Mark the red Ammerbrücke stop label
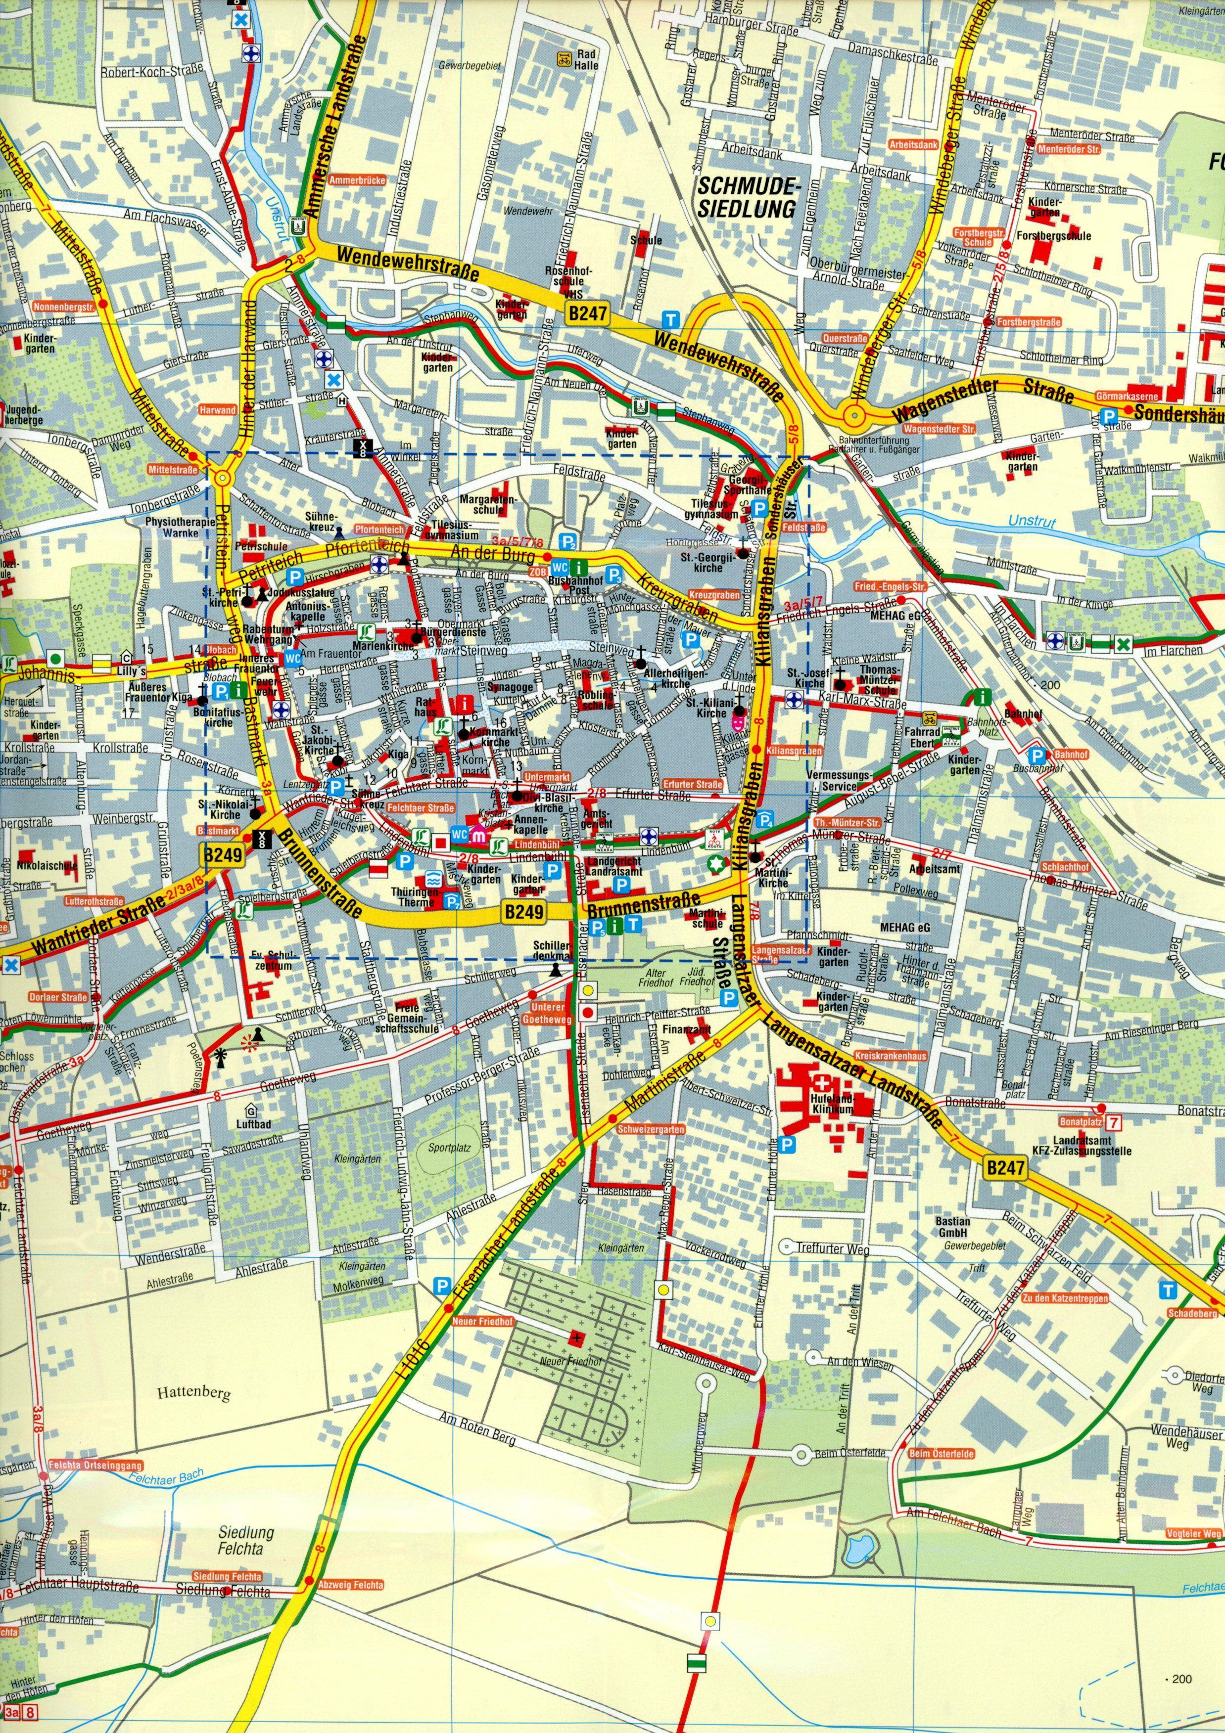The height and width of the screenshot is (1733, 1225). click(363, 180)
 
